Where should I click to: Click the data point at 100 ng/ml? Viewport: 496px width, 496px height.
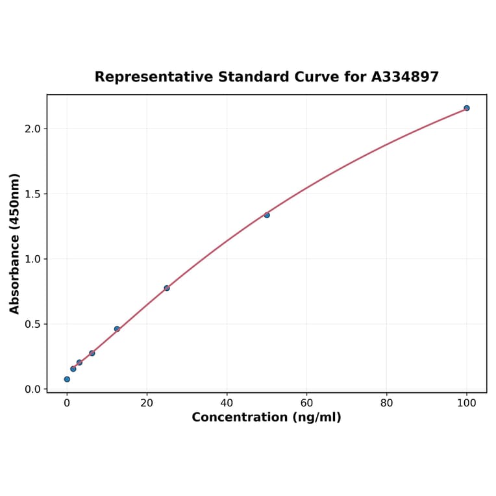(467, 108)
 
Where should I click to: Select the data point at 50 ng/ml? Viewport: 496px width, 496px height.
(267, 215)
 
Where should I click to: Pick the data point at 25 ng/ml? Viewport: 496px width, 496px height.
(167, 288)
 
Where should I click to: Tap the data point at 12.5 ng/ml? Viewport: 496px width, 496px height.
(117, 329)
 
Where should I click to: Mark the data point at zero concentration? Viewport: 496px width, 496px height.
(67, 379)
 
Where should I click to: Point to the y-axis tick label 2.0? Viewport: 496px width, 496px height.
(33, 129)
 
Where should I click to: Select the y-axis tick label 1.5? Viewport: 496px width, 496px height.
(33, 194)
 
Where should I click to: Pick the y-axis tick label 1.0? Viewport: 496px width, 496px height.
(33, 259)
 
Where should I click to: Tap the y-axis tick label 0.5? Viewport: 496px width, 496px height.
(33, 324)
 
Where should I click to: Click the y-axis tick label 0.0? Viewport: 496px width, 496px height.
(33, 390)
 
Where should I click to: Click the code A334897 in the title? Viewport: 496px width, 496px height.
(405, 77)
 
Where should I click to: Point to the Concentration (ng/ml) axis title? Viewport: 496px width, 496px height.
(266, 417)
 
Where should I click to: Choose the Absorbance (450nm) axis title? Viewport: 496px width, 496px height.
(15, 243)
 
